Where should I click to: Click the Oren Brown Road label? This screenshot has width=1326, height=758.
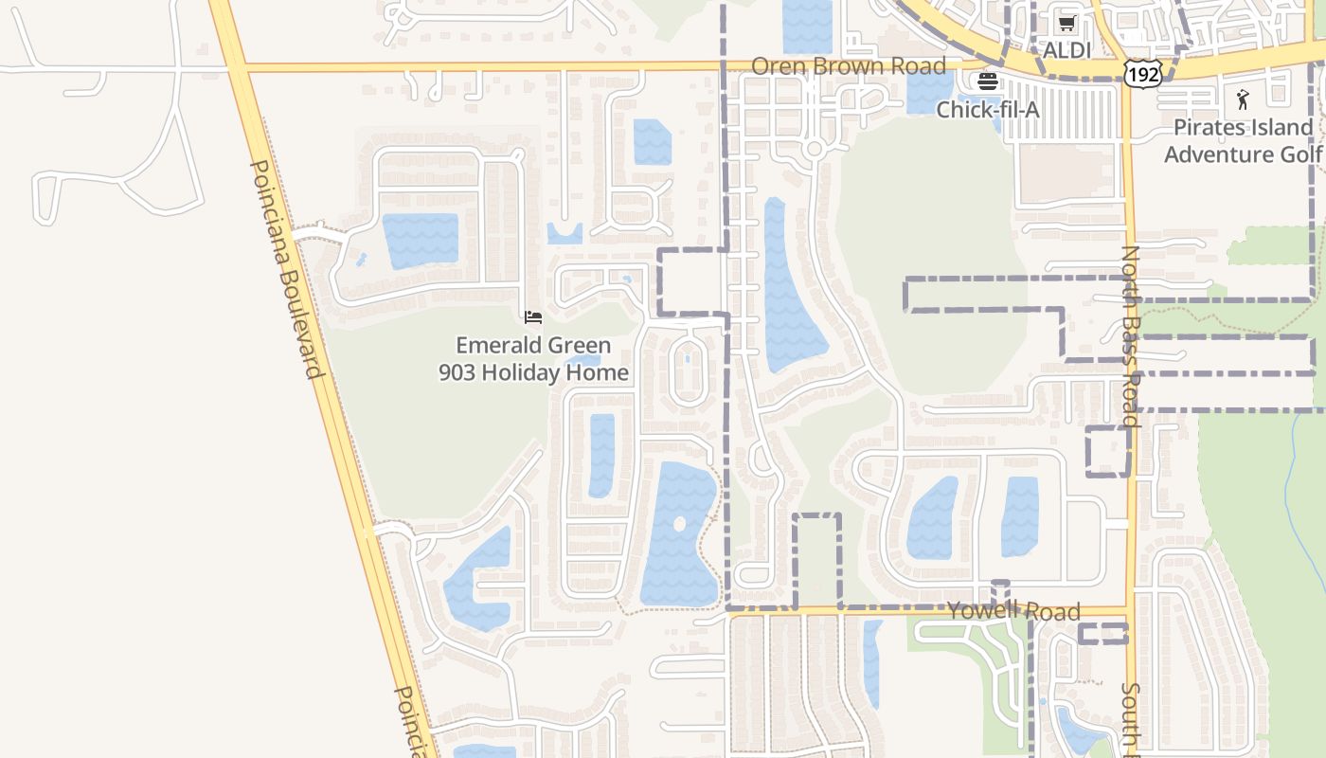pyautogui.click(x=848, y=66)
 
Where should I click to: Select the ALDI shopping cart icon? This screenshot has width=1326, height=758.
pyautogui.click(x=1067, y=24)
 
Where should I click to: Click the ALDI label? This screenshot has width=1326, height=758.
pyautogui.click(x=1066, y=49)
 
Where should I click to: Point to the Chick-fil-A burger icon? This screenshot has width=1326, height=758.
pyautogui.click(x=988, y=81)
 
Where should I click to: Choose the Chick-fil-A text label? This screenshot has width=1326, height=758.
pyautogui.click(x=988, y=110)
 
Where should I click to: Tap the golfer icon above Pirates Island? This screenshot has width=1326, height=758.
pyautogui.click(x=1243, y=99)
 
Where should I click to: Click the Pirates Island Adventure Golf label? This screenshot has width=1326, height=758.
pyautogui.click(x=1243, y=140)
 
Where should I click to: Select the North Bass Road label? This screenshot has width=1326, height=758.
pyautogui.click(x=1130, y=336)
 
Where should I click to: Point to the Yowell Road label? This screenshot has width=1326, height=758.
pyautogui.click(x=1013, y=611)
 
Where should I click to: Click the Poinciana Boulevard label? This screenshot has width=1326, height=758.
pyautogui.click(x=287, y=268)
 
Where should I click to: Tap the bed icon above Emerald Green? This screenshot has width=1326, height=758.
pyautogui.click(x=533, y=316)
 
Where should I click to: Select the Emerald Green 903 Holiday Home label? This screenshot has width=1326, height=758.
pyautogui.click(x=533, y=359)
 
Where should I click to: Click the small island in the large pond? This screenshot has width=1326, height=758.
pyautogui.click(x=679, y=524)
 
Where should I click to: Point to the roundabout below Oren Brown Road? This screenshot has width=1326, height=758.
pyautogui.click(x=814, y=149)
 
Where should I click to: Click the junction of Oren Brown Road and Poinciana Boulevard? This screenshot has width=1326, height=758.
pyautogui.click(x=237, y=67)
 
